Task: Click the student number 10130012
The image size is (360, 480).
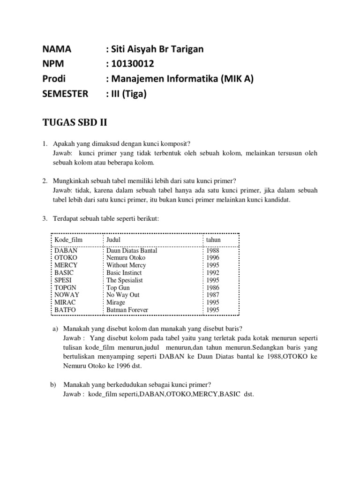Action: [131, 64]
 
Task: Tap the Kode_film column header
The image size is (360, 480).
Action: [68, 240]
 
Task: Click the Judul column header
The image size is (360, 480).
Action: [113, 240]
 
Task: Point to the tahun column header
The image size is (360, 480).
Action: [213, 240]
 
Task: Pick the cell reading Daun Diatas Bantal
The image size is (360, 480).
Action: [132, 250]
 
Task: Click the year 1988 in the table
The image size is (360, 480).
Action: [213, 250]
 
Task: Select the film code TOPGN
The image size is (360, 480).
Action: [66, 287]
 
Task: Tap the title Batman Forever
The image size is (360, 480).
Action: [127, 310]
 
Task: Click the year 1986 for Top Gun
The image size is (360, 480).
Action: [213, 287]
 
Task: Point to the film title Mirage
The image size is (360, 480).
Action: [116, 302]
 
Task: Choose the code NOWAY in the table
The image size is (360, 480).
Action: [67, 295]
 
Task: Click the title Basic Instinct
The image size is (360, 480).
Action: [124, 272]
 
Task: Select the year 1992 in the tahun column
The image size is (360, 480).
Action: [213, 272]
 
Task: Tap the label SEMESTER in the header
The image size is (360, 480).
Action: [65, 94]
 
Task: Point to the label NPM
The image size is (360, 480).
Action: [52, 64]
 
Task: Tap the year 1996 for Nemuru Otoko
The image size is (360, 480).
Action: [213, 258]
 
